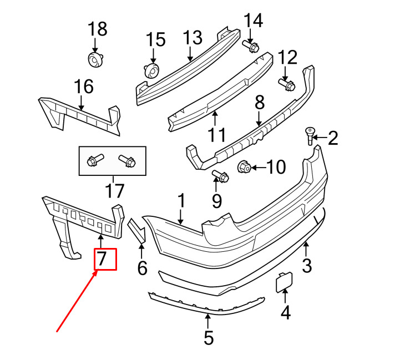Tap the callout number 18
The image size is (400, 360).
[x=98, y=29]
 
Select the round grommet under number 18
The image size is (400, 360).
[x=95, y=60]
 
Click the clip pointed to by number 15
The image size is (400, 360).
[x=151, y=70]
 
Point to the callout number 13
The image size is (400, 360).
[x=193, y=38]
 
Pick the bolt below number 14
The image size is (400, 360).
[x=251, y=46]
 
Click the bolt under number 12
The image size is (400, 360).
[x=287, y=84]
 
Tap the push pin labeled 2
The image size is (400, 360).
[x=310, y=136]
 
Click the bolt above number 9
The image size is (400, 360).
[x=220, y=176]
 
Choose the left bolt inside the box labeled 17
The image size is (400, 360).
[x=95, y=160]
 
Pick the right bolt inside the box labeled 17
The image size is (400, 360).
[x=127, y=161]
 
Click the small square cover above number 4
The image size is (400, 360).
[x=285, y=282]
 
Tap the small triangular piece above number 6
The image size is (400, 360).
[x=137, y=230]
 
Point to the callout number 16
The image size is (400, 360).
[x=84, y=86]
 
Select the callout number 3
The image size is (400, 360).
[x=307, y=265]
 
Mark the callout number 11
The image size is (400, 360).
[x=217, y=135]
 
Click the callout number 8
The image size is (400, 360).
[x=260, y=103]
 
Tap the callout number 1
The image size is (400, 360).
[x=181, y=201]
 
